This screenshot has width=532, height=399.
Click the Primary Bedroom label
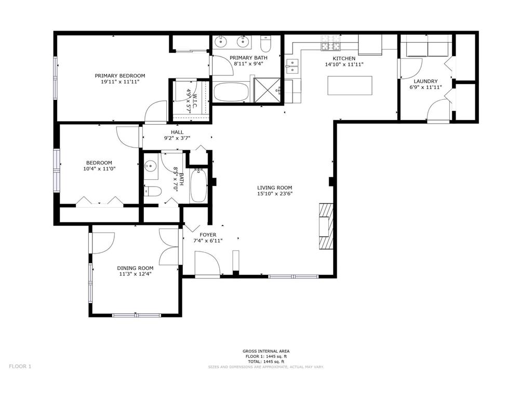coord(120,76)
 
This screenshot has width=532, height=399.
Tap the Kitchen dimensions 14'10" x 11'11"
coord(344,64)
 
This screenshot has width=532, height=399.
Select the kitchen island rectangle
coord(350,86)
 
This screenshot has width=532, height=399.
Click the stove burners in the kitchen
coord(330,44)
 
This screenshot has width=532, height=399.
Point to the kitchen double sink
coord(292,66)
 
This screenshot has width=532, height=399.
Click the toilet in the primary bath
coord(265,43)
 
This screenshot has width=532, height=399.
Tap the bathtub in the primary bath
coord(231,92)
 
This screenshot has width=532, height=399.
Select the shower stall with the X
coord(268,90)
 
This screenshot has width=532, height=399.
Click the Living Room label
coord(274,188)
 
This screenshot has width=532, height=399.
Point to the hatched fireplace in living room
coord(326,227)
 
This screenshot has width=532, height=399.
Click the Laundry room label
coord(425,82)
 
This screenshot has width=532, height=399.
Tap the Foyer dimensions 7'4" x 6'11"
coord(208,241)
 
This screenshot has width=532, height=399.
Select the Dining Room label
coord(135,268)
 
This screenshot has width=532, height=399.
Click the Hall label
coord(177,132)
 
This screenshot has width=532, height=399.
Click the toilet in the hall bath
coord(152,192)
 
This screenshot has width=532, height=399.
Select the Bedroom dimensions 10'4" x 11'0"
coord(99,169)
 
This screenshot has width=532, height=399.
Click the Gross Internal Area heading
coord(266,352)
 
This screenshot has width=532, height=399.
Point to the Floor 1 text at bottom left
coord(20,366)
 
